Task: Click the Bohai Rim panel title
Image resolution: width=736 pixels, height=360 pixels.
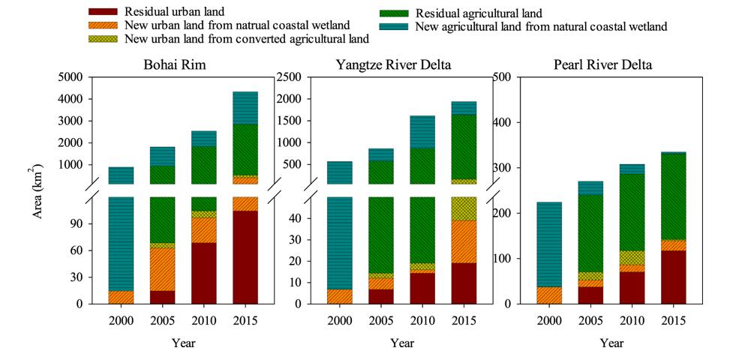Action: [174, 64]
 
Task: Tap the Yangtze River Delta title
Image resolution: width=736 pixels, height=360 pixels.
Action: [393, 64]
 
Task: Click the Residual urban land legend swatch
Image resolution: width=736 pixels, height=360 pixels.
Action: [104, 12]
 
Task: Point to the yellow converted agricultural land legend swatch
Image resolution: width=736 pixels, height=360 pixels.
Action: [104, 38]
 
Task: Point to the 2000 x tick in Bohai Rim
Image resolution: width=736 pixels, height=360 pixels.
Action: [121, 320]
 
